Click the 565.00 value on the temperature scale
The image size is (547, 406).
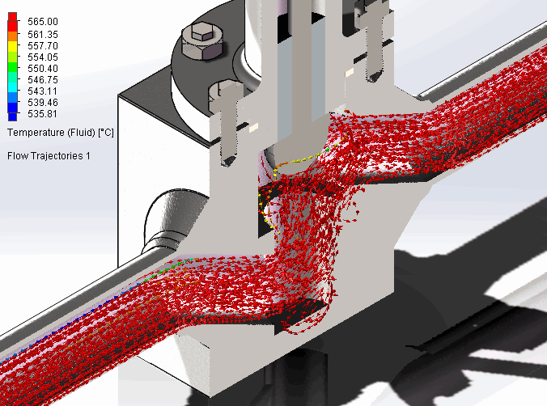(x=43, y=22)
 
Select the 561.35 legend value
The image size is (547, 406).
(x=43, y=35)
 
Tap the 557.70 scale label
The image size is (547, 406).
(x=43, y=45)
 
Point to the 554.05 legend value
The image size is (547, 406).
(x=43, y=57)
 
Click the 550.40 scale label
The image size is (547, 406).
(x=43, y=69)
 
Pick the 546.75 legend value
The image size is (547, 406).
(x=43, y=80)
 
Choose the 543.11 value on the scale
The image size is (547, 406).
(x=43, y=91)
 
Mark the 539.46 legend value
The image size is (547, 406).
(x=43, y=103)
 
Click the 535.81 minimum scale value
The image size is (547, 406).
(x=43, y=114)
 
